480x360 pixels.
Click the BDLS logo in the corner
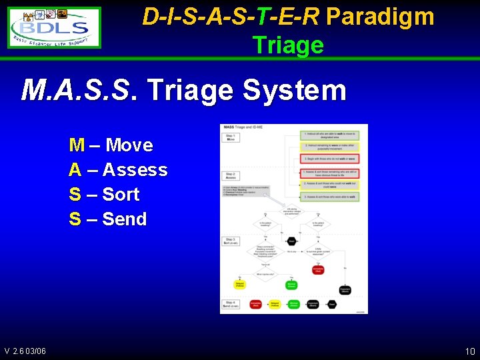tap(55, 27)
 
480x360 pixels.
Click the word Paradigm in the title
tap(380, 17)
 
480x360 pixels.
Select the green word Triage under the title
tap(287, 45)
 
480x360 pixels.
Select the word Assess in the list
tap(135, 169)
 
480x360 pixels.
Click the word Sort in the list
tap(121, 194)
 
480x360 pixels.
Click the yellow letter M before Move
tap(77, 145)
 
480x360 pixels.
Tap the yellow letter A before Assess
tap(75, 169)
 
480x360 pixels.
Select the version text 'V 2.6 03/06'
tap(25, 351)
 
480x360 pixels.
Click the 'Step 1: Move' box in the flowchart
tap(230, 137)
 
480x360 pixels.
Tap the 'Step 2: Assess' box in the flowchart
tap(230, 177)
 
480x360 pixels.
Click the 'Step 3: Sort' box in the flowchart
tap(231, 241)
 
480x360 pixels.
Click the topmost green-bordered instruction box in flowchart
tap(329, 135)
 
